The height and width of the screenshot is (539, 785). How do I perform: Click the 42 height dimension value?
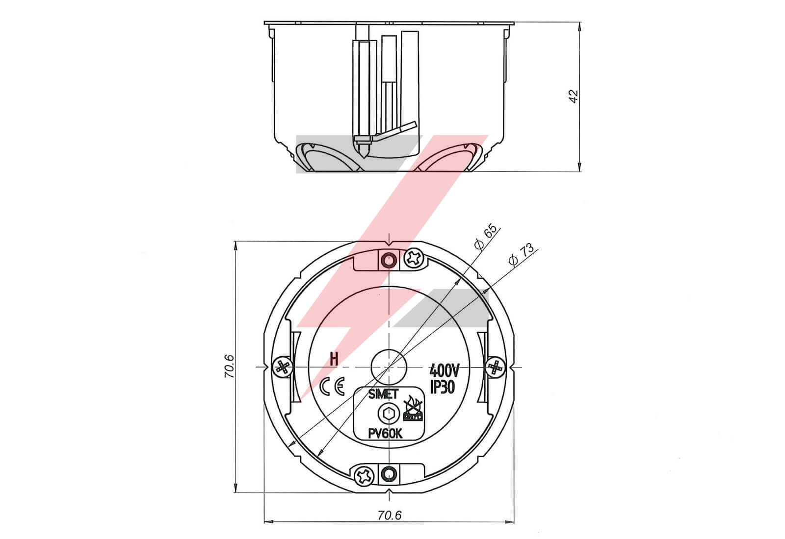pyautogui.click(x=574, y=97)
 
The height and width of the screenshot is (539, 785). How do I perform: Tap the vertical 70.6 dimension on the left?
pyautogui.click(x=229, y=366)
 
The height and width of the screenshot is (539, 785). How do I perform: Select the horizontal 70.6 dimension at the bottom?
pyautogui.click(x=390, y=515)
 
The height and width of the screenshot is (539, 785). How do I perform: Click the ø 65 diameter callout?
pyautogui.click(x=486, y=236)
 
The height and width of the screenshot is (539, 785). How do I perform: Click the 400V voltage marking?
pyautogui.click(x=444, y=370)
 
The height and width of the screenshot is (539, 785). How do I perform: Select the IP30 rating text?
pyautogui.click(x=443, y=387)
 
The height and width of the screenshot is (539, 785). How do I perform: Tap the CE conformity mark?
pyautogui.click(x=332, y=386)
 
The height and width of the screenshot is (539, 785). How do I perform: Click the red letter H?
pyautogui.click(x=334, y=360)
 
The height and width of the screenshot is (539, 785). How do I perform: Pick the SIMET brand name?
pyautogui.click(x=383, y=394)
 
